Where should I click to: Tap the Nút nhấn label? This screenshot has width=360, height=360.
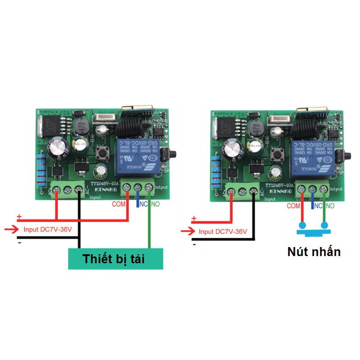pos(314,252)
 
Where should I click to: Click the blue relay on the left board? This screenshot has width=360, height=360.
pos(137,156)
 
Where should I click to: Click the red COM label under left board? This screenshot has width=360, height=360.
pos(119,204)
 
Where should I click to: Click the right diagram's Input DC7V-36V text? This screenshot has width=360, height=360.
pos(223,232)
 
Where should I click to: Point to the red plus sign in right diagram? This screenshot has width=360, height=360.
pos(194,219)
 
